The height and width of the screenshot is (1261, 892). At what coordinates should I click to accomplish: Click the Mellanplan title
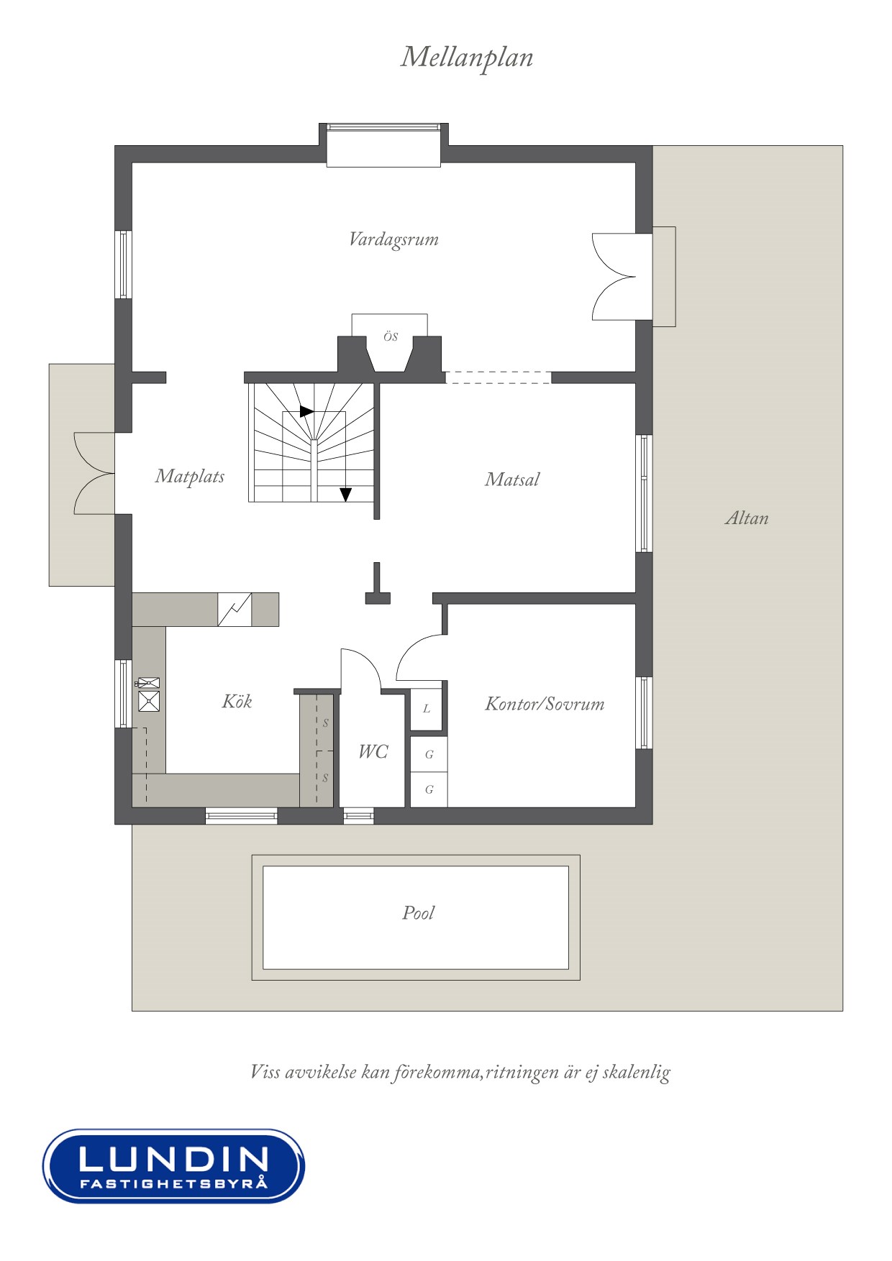pyautogui.click(x=467, y=58)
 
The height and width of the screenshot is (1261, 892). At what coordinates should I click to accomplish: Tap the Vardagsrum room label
pyautogui.click(x=393, y=239)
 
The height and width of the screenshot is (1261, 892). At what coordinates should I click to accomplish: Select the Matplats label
pyautogui.click(x=190, y=476)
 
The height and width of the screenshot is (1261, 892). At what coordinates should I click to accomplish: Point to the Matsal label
pyautogui.click(x=512, y=480)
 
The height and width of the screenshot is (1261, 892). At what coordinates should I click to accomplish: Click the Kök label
pyautogui.click(x=237, y=701)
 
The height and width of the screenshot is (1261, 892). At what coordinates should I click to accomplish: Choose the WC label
pyautogui.click(x=373, y=751)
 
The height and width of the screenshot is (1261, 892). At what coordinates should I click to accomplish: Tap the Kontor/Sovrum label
pyautogui.click(x=545, y=704)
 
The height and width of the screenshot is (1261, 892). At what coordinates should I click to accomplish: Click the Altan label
pyautogui.click(x=747, y=518)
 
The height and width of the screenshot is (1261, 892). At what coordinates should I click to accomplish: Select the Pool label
pyautogui.click(x=418, y=913)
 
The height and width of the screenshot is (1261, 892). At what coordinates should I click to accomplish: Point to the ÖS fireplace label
pyautogui.click(x=391, y=336)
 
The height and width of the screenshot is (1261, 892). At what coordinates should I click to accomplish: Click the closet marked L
pyautogui.click(x=426, y=709)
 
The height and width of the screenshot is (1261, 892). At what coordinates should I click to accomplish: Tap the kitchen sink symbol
pyautogui.click(x=148, y=695)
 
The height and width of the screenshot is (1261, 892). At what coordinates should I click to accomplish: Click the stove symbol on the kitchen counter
pyautogui.click(x=235, y=610)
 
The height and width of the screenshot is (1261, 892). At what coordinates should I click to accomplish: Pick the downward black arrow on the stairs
pyautogui.click(x=346, y=495)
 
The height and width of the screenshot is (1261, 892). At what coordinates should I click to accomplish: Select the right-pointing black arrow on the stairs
pyautogui.click(x=307, y=412)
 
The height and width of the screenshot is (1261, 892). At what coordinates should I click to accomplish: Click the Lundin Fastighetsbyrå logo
pyautogui.click(x=173, y=1165)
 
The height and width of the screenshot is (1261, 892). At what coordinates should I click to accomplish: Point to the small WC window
pyautogui.click(x=358, y=816)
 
